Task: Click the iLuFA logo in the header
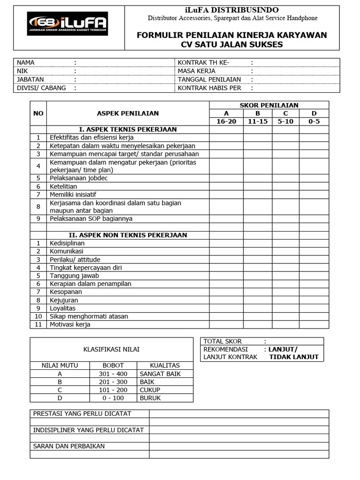click(68, 23)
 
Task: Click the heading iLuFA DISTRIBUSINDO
click(232, 10)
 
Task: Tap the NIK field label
click(22, 71)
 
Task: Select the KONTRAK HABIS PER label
click(209, 88)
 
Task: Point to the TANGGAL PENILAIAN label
click(209, 79)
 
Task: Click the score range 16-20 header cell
click(226, 121)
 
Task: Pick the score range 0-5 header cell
click(314, 121)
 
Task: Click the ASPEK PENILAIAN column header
click(127, 113)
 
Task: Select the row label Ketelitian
click(63, 186)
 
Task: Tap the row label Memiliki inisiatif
click(73, 194)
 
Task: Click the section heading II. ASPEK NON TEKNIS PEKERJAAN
click(127, 235)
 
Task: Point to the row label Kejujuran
click(64, 300)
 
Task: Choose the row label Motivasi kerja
click(70, 324)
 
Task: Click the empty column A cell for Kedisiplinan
click(226, 243)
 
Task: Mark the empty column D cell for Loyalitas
click(314, 308)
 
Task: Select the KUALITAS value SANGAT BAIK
click(160, 374)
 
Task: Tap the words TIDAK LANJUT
click(293, 357)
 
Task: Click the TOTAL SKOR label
click(223, 341)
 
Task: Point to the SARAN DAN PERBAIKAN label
click(69, 446)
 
